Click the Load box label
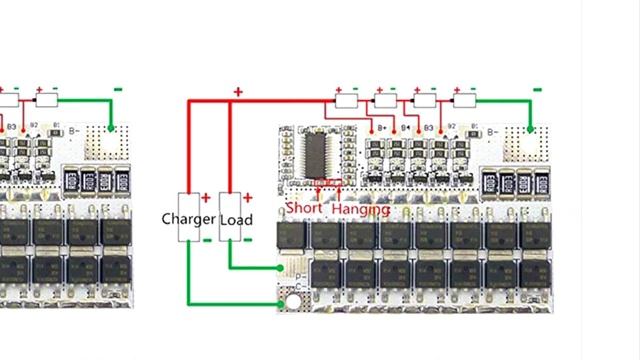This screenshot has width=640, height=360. click(236, 219)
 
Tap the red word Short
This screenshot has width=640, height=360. click(304, 209)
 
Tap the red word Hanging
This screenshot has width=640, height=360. click(360, 209)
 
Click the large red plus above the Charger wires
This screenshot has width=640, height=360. click(238, 91)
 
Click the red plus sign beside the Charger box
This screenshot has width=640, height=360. click(206, 198)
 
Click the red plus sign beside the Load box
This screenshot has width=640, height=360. click(248, 198)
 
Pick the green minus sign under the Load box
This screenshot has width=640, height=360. click(248, 240)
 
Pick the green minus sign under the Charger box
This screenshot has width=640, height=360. click(206, 240)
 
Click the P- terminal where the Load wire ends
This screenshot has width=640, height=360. click(282, 268)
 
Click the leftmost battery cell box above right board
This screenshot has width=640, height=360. click(347, 100)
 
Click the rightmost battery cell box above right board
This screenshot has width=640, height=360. click(464, 100)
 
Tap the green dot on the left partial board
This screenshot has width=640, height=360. click(110, 128)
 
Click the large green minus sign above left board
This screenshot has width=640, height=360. click(118, 89)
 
